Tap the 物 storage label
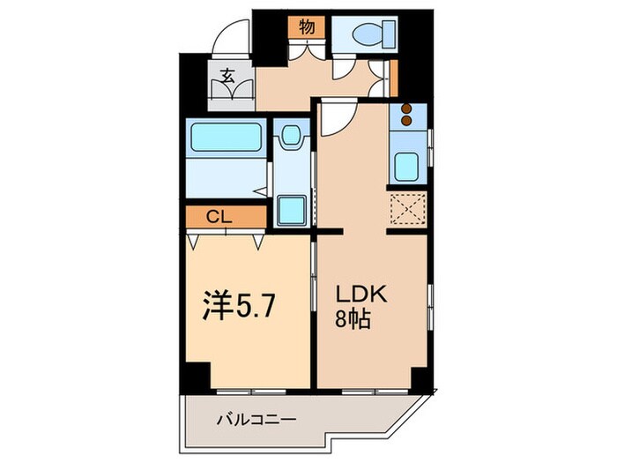tap(307, 27)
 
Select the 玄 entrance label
tap(227, 76)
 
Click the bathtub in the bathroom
tap(227, 137)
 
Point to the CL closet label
tap(219, 217)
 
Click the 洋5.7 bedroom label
tap(238, 306)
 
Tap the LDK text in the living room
tap(361, 294)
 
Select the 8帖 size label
tap(353, 319)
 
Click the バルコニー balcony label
tap(256, 420)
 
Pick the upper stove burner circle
tap(406, 108)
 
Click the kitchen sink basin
tap(406, 167)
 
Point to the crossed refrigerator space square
tap(408, 209)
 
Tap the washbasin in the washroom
tap(292, 135)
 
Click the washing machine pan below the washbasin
tap(292, 211)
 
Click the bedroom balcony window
tap(251, 392)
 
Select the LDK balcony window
tap(375, 392)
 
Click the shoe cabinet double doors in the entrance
tap(231, 89)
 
